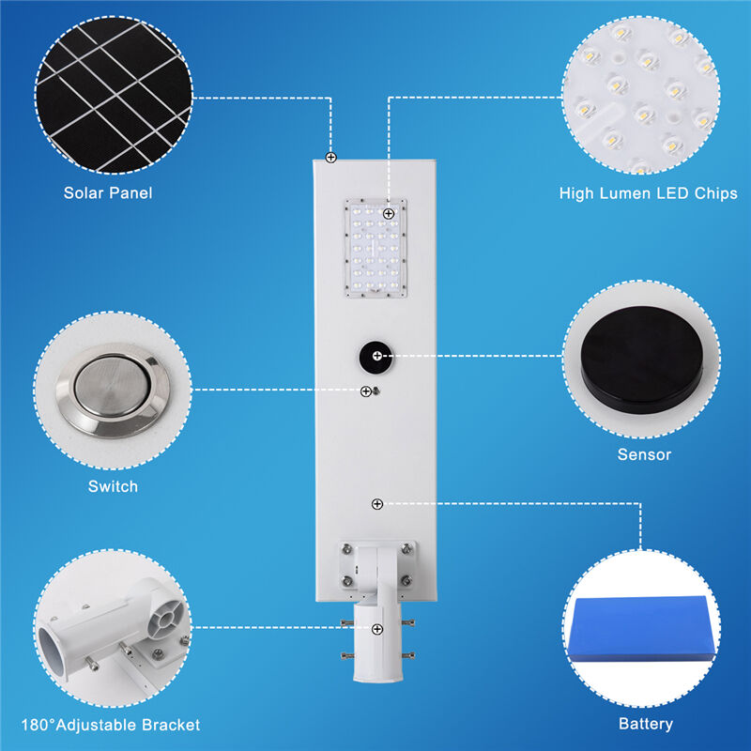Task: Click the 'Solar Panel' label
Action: [x=108, y=193]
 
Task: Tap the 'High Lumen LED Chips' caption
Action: [x=648, y=193]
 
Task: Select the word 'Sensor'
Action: [x=644, y=455]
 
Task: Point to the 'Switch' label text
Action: [x=113, y=486]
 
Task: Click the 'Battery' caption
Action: [x=645, y=724]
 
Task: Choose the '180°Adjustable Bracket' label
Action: [x=119, y=725]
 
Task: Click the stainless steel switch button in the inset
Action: [x=113, y=389]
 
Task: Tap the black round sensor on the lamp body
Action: [x=375, y=357]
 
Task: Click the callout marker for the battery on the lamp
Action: [x=376, y=504]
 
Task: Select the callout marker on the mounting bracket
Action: [x=376, y=629]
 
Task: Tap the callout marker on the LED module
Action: [x=388, y=214]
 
